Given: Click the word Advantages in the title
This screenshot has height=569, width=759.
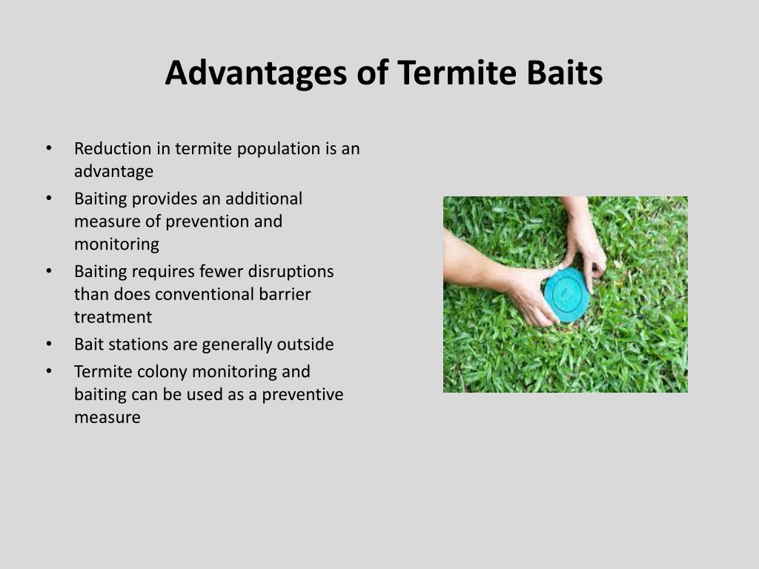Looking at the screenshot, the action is click(x=256, y=73).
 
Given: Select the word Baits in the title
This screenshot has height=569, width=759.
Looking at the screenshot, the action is click(x=564, y=73).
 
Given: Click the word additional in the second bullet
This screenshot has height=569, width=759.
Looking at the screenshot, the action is click(x=263, y=199).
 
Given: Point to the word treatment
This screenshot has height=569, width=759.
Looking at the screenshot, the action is click(x=113, y=317).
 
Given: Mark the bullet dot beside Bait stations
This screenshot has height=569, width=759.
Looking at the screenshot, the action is click(x=49, y=344).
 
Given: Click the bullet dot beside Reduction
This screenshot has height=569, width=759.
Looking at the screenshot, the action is click(x=49, y=147).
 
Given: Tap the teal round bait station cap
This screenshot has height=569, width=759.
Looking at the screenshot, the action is click(x=567, y=295).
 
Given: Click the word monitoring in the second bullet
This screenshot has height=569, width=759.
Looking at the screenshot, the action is click(x=116, y=244).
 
